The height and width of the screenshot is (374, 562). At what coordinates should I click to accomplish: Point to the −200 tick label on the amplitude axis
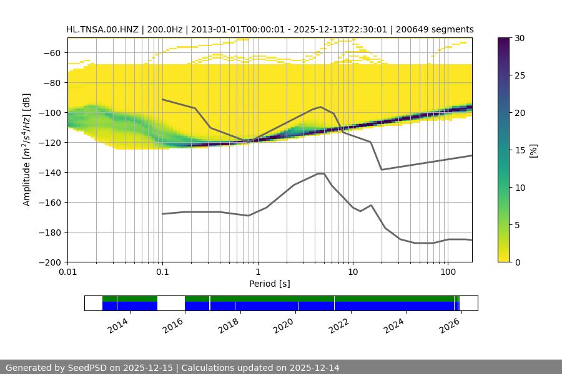(x=50, y=262)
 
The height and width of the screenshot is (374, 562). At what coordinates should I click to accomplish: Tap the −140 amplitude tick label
(x=50, y=172)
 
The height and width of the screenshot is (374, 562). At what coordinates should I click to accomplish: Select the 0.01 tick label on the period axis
(x=67, y=272)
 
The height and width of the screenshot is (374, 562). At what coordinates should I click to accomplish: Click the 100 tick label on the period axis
(x=447, y=272)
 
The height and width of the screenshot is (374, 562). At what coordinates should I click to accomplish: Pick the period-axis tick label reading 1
(x=257, y=272)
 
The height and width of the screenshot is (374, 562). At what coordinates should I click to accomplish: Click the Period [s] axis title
(x=270, y=284)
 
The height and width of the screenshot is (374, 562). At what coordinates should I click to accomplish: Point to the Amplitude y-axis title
(x=27, y=150)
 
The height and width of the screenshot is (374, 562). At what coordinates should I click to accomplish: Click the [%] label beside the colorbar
(x=533, y=150)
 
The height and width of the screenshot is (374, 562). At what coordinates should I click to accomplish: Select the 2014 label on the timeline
(x=119, y=325)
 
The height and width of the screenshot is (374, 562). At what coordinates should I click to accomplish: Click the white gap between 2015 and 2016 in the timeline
(x=171, y=303)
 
